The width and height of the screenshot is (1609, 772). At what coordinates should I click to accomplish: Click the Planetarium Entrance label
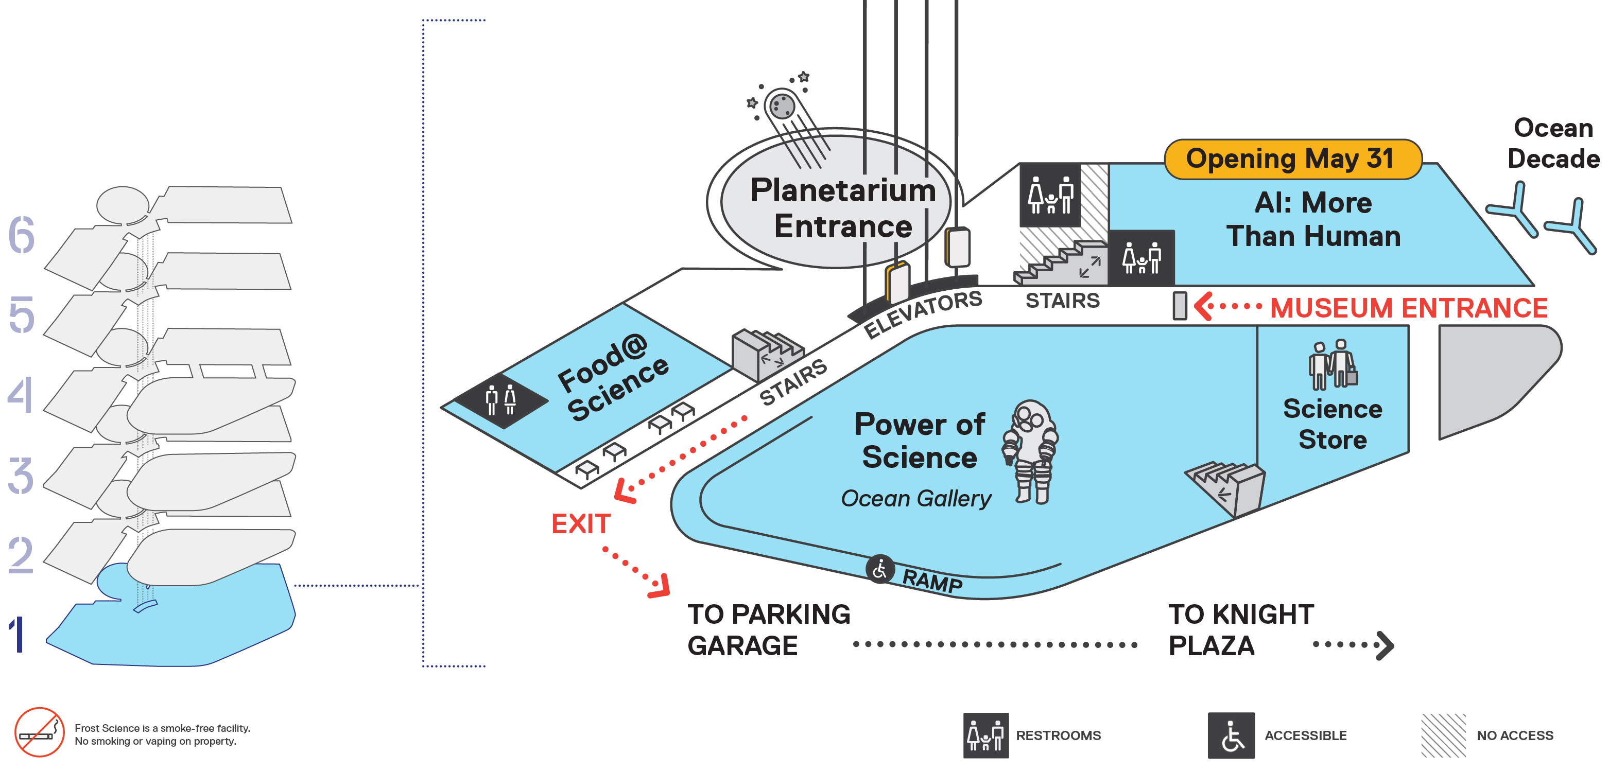pos(843,208)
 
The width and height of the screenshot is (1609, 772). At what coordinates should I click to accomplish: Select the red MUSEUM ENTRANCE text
pos(1409,308)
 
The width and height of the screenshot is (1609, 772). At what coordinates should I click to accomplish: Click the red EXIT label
pos(580,524)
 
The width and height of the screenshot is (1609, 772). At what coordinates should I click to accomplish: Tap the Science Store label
pos(1333,424)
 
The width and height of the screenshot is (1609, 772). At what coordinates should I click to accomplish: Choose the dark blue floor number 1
pos(18,634)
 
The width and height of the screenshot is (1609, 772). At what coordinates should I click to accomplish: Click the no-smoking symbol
pos(39,732)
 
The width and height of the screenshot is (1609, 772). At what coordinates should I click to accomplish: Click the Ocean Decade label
pos(1553,143)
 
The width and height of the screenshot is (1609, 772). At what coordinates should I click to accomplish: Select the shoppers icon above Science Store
pos(1333,364)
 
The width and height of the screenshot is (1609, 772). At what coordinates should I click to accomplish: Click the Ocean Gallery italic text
pos(915,498)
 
